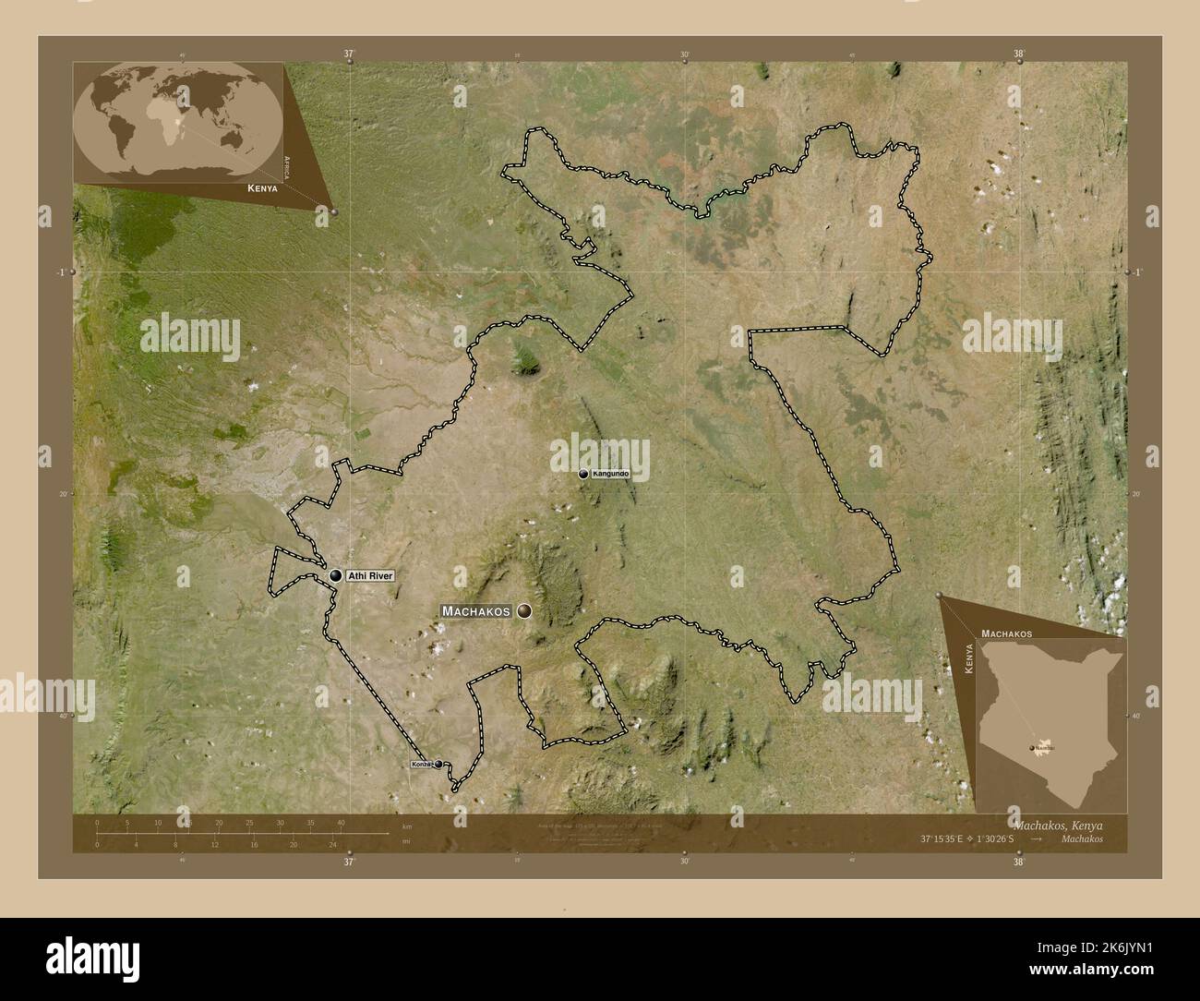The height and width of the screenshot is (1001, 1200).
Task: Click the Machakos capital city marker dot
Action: pyautogui.click(x=525, y=610)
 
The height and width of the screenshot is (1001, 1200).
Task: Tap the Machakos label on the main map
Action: pyautogui.click(x=476, y=611)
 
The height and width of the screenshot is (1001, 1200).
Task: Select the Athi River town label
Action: pyautogui.click(x=370, y=576)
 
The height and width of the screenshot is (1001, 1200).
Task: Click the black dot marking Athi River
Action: pyautogui.click(x=335, y=576)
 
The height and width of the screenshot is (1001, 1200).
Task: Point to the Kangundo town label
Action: pyautogui.click(x=610, y=474)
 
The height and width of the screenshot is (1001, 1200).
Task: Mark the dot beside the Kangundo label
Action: pyautogui.click(x=583, y=474)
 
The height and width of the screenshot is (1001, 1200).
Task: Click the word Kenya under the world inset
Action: pyautogui.click(x=263, y=187)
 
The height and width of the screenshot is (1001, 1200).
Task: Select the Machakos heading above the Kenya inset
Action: pyautogui.click(x=1006, y=633)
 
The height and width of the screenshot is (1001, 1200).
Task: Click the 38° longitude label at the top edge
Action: pyautogui.click(x=1019, y=54)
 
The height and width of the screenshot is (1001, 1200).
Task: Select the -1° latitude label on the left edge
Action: pyautogui.click(x=61, y=272)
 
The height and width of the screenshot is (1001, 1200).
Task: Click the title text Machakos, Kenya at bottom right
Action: pyautogui.click(x=1059, y=824)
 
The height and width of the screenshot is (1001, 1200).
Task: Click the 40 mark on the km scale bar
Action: pyautogui.click(x=341, y=822)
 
